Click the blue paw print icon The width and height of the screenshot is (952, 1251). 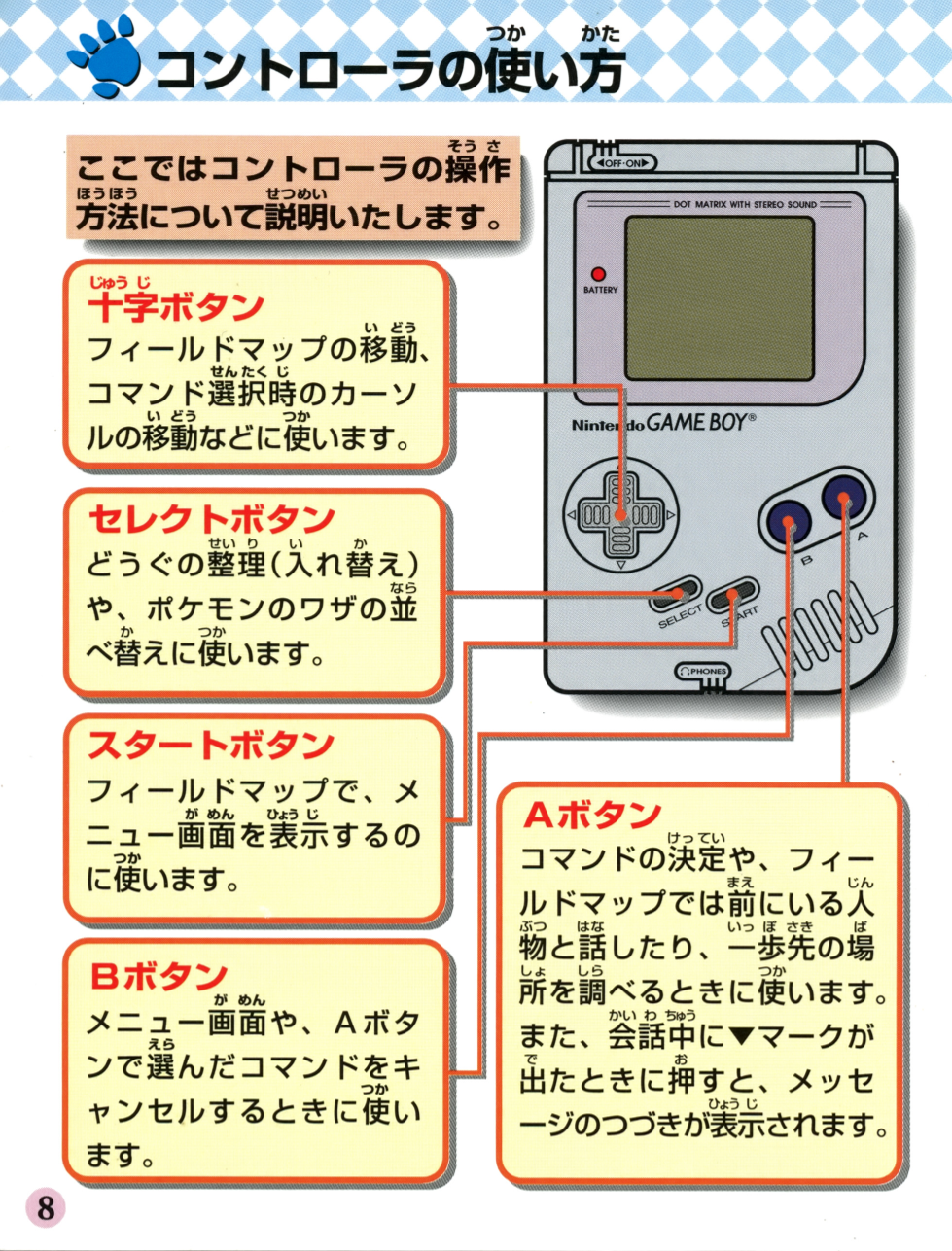tap(104, 58)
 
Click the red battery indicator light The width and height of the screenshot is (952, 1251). tap(599, 274)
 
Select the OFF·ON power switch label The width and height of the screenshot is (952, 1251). tap(622, 164)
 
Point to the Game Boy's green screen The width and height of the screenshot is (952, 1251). tap(720, 298)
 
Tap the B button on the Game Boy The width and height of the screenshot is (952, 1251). tap(789, 522)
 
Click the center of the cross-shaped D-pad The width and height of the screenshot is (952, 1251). tap(621, 514)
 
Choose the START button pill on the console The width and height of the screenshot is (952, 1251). tap(732, 595)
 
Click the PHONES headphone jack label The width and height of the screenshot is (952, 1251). tap(703, 672)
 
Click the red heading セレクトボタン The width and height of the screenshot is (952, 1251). tap(211, 519)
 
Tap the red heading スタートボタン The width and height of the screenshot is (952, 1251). tap(211, 744)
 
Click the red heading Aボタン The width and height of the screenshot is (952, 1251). tap(592, 815)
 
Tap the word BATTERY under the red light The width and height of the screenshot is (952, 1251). tap(600, 290)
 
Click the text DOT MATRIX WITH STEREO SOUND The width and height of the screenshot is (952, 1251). tap(745, 204)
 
